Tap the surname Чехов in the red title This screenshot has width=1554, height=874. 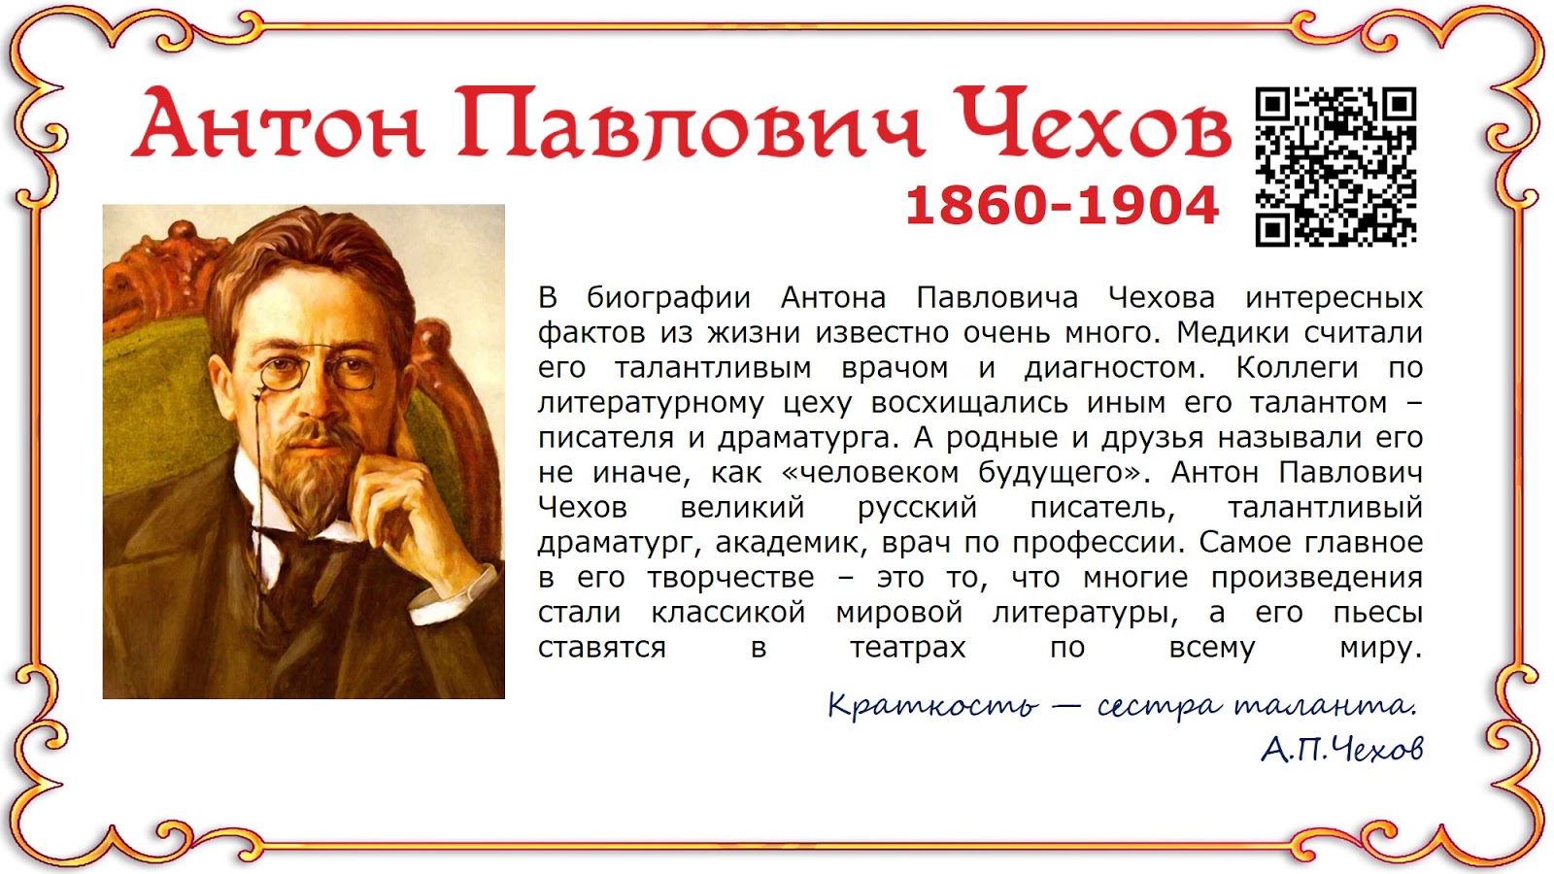1093,124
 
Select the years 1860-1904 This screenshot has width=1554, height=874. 1062,206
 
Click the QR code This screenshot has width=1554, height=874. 1335,166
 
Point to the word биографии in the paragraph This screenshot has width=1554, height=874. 668,298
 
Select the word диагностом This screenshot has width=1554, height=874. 1113,368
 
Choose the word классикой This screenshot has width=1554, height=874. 728,613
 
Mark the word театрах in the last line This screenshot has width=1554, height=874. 908,648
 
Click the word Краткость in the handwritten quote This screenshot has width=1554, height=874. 932,705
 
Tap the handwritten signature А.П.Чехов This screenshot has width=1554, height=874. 1342,749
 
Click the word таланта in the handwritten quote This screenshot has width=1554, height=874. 1325,705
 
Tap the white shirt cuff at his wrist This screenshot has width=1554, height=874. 466,583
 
